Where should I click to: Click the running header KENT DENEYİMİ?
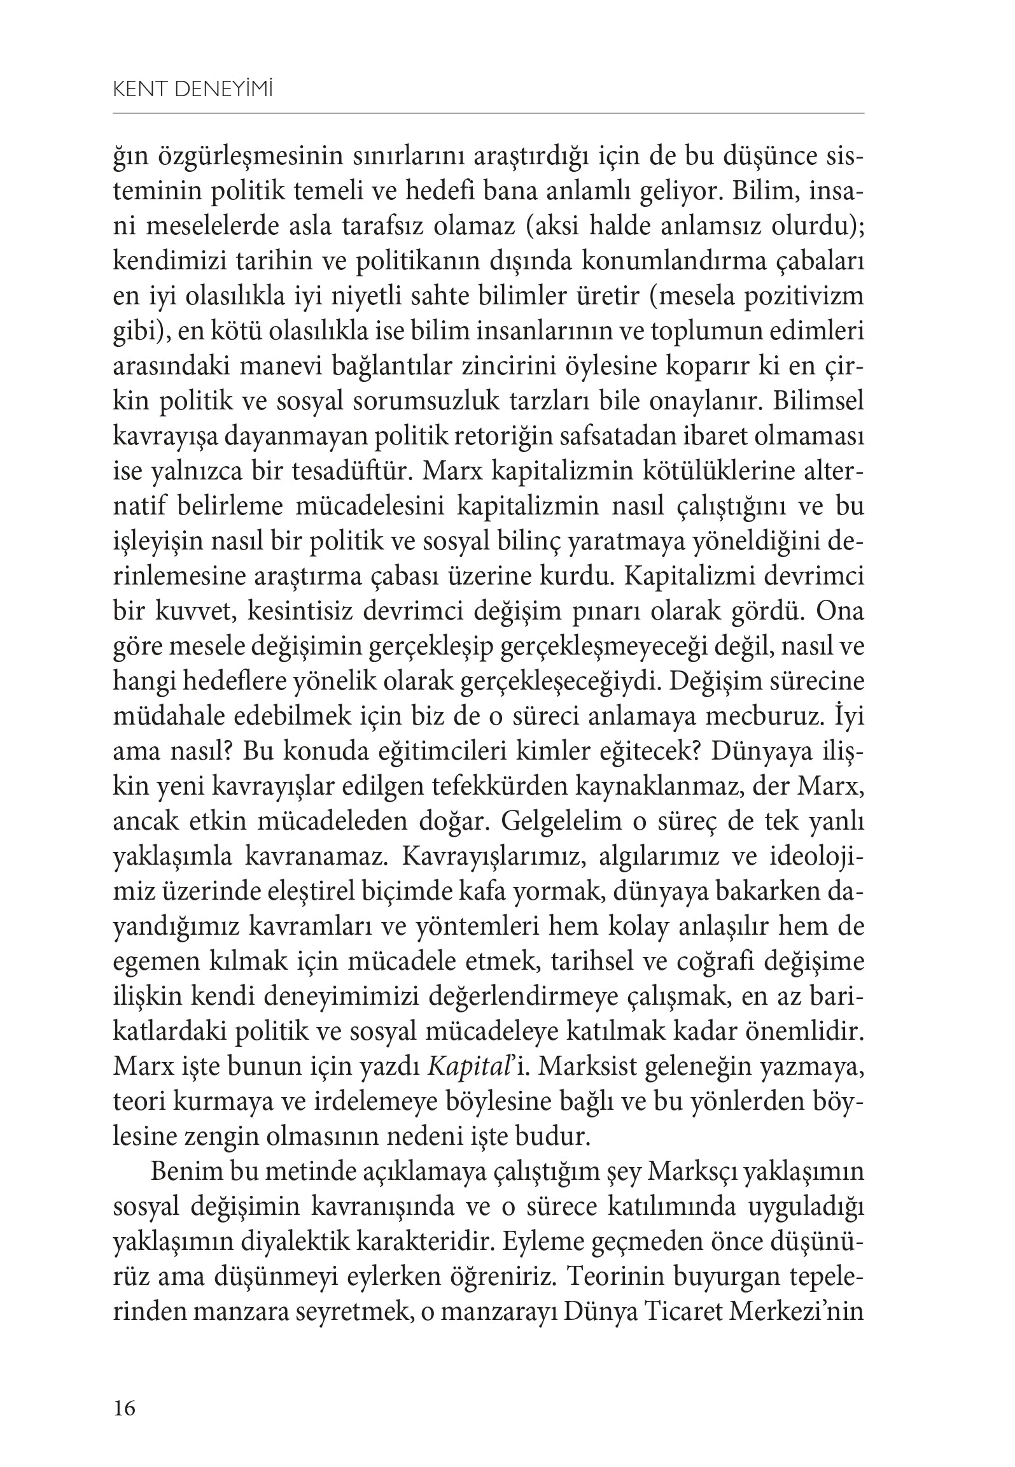[193, 91]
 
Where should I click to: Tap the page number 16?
[124, 1408]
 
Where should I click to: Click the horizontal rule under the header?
[488, 114]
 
